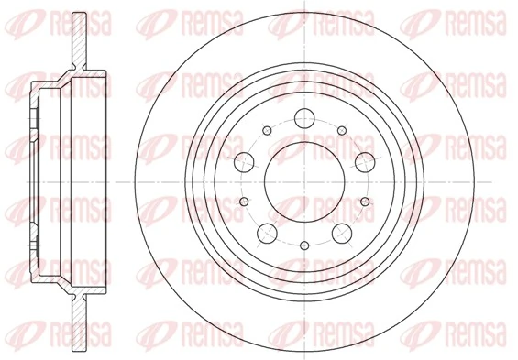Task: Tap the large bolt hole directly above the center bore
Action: point(303,118)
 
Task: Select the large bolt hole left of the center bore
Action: point(244,162)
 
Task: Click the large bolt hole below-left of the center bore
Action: point(266,232)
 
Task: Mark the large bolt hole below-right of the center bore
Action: point(340,232)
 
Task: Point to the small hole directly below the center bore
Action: point(303,245)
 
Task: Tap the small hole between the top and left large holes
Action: point(266,130)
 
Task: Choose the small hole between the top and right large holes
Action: point(341,130)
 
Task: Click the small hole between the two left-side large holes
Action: point(243,201)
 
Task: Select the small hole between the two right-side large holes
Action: point(364,201)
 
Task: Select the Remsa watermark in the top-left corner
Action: point(37,18)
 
